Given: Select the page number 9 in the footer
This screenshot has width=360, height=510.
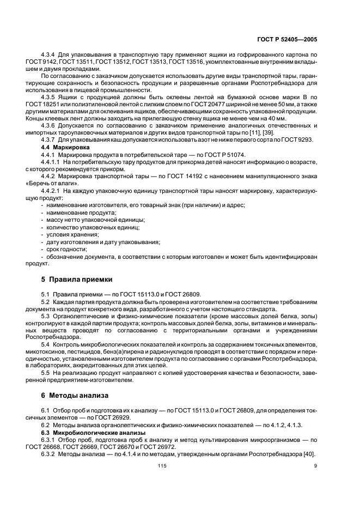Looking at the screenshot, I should point(315,465).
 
